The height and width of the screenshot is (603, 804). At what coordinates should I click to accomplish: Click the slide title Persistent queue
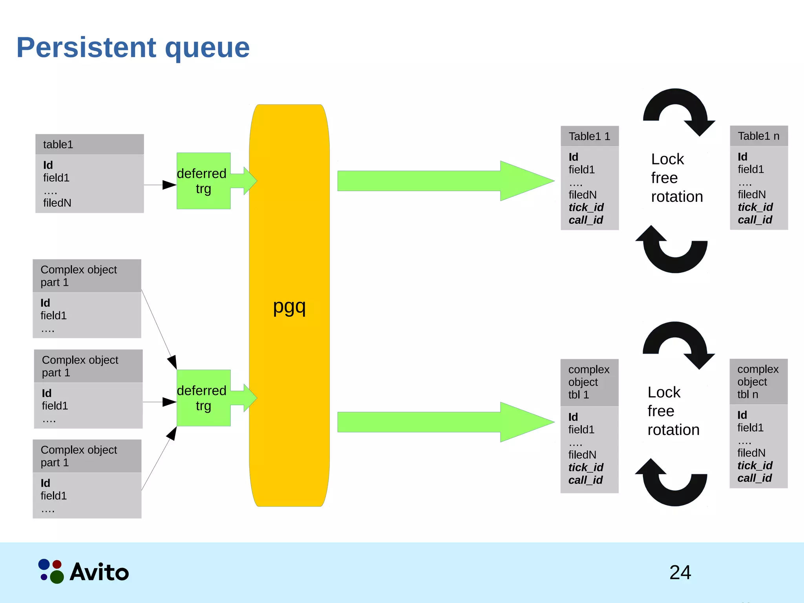click(x=133, y=48)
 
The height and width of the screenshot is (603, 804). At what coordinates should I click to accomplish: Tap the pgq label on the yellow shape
click(x=289, y=307)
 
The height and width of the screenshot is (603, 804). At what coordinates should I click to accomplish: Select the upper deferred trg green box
click(x=203, y=181)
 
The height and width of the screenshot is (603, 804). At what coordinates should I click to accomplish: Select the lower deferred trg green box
click(x=203, y=398)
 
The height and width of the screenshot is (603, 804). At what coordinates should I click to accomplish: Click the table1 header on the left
click(x=90, y=144)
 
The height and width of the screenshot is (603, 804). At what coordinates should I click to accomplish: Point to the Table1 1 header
click(x=589, y=136)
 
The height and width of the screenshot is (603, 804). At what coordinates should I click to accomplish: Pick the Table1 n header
click(x=758, y=136)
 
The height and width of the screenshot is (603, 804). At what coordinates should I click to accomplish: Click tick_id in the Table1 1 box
click(x=586, y=207)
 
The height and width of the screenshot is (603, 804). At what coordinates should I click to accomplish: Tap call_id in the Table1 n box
click(x=755, y=220)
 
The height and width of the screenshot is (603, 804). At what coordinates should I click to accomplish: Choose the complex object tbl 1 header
click(x=589, y=382)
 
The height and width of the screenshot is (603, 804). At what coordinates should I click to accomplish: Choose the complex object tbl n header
click(x=758, y=382)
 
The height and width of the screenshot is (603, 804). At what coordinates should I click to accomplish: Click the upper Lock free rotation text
click(x=676, y=178)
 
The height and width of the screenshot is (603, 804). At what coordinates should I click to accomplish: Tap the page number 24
click(x=680, y=572)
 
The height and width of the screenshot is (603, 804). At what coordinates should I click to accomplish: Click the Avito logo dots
click(x=51, y=571)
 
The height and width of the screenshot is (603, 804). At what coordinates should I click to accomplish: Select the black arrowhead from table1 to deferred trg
click(x=169, y=185)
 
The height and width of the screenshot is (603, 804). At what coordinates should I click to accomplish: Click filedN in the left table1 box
click(x=57, y=203)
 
